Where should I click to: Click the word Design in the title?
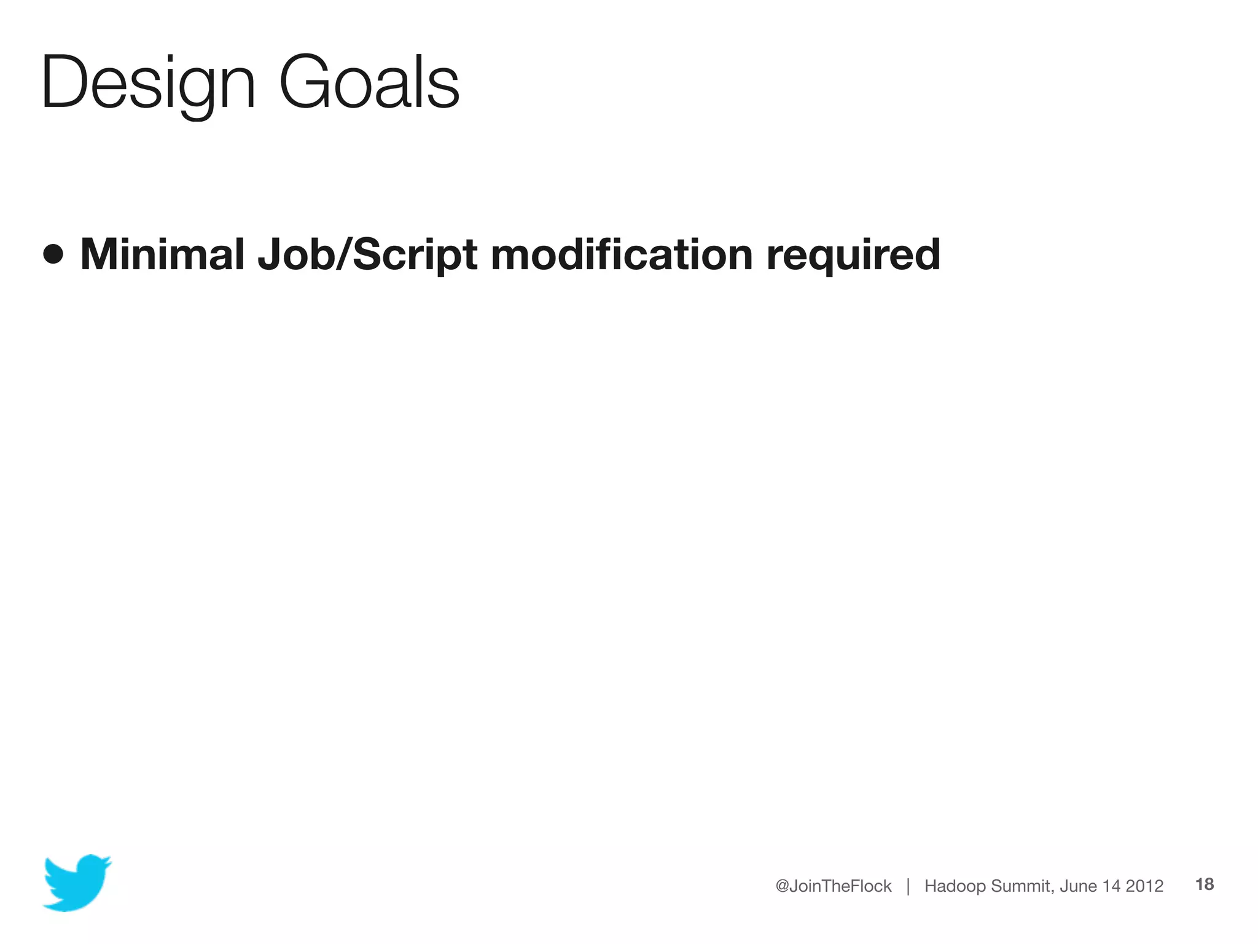coord(147,83)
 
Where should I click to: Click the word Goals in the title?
coord(369,83)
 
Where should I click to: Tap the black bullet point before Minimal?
coord(53,254)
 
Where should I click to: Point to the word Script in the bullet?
coord(415,255)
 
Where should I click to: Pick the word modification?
coord(622,254)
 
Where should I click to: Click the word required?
coord(853,255)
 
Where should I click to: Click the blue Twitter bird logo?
coord(77,882)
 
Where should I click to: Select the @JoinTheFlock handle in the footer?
coord(833,886)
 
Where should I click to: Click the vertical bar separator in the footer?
coord(908,886)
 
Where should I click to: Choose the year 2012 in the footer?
coord(1144,886)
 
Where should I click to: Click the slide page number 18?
coord(1205,884)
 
